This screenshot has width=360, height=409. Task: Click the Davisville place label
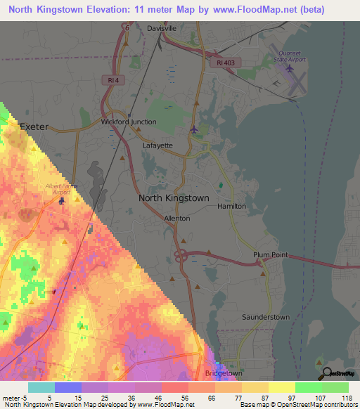(x=162, y=28)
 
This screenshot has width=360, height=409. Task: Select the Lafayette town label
(x=157, y=145)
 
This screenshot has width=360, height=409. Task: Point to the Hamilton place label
(x=231, y=206)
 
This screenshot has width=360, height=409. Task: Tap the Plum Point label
(x=271, y=255)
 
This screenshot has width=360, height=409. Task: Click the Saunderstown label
(x=266, y=317)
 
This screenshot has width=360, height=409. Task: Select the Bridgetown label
(x=221, y=372)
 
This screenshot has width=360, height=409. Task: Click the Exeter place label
(x=33, y=127)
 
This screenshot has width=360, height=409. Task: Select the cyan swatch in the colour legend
(x=41, y=387)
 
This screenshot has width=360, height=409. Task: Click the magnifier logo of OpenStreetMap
(x=326, y=373)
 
